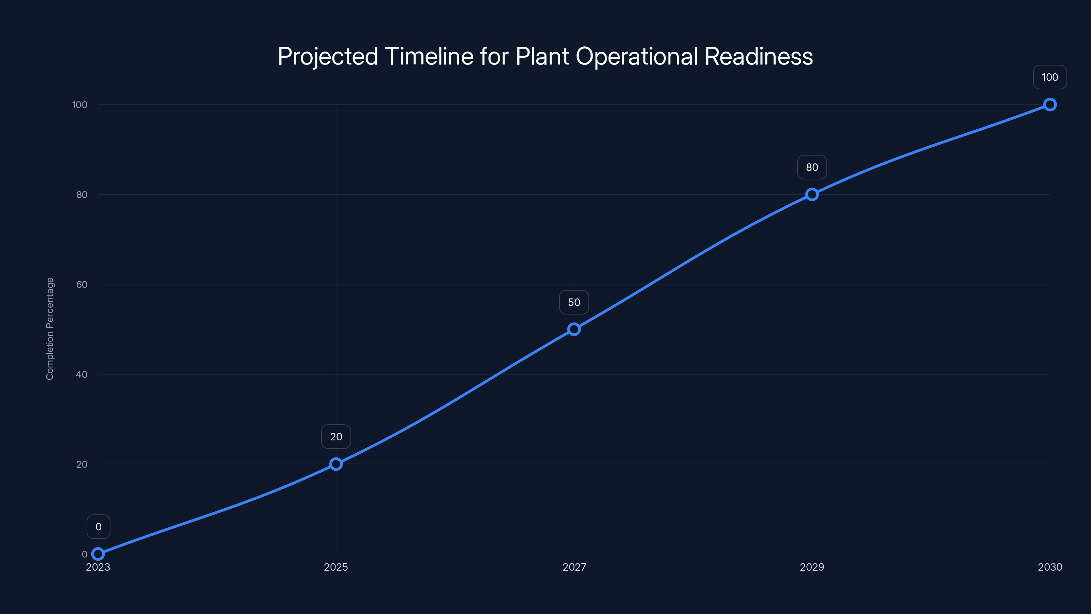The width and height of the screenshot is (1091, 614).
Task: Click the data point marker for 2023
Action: coord(98,554)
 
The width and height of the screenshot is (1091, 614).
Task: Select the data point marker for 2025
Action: coord(336,464)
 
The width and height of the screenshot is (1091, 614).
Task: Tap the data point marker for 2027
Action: coord(574,329)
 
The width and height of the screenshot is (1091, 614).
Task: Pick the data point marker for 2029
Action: coord(812,194)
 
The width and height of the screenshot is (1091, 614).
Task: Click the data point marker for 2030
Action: coord(1050,105)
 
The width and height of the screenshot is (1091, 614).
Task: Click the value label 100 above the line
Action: coord(1050,77)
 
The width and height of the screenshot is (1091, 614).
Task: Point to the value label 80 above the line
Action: coord(812,167)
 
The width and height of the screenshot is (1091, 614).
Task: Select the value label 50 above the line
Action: coord(574,302)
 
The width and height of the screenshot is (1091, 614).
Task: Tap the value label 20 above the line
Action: coord(336,437)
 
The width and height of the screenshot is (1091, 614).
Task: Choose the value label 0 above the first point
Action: coord(98,527)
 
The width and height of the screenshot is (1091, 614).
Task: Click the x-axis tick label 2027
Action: coord(574,567)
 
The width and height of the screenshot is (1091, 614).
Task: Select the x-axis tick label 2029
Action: coord(812,567)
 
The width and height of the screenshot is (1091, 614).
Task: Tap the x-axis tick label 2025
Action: coord(336,567)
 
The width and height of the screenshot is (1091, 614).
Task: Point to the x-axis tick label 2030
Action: coord(1050,567)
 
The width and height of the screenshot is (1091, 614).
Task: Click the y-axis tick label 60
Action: coord(82,284)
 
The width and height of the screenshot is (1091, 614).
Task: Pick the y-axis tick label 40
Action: coord(82,374)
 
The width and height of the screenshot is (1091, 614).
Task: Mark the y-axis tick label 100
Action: coord(80,105)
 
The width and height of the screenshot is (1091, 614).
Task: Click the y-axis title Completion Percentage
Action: coord(50,329)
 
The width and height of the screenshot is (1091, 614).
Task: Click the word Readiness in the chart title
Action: coord(758,56)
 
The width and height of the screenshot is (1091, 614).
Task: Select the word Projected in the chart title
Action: coord(328,56)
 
